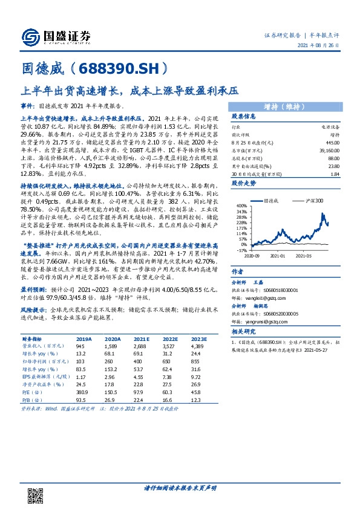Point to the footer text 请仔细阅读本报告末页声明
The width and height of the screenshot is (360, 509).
(180, 488)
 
